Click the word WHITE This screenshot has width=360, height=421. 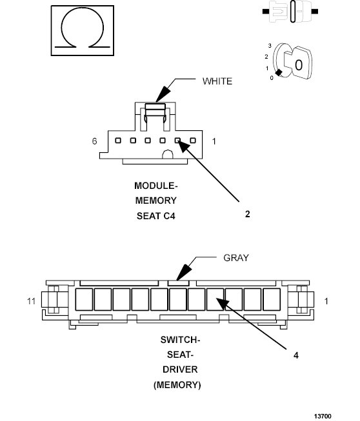pyautogui.click(x=217, y=81)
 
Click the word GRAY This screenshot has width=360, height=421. pyautogui.click(x=235, y=258)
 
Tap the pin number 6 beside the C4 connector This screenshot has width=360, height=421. pyautogui.click(x=94, y=141)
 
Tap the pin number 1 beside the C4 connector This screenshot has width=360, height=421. pyautogui.click(x=214, y=141)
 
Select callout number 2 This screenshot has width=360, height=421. pyautogui.click(x=247, y=214)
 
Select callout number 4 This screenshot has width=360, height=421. pyautogui.click(x=295, y=355)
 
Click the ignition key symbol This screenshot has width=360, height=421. pyautogui.click(x=294, y=63)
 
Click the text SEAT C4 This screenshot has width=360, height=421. pyautogui.click(x=155, y=216)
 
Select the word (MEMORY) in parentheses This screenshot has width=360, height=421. pyautogui.click(x=177, y=385)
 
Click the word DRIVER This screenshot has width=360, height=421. pyautogui.click(x=177, y=369)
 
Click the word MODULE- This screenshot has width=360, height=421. pyautogui.click(x=155, y=186)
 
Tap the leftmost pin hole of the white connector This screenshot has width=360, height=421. pyautogui.click(x=117, y=141)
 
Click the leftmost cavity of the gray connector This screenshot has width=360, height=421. pyautogui.click(x=84, y=300)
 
